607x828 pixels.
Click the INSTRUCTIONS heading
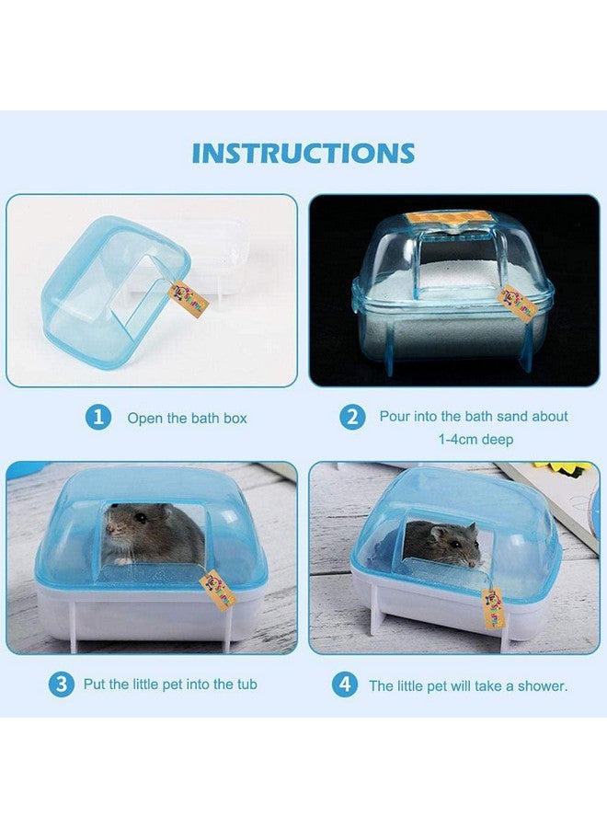(303, 153)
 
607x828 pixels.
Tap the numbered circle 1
(98, 418)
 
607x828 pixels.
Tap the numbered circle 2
(351, 417)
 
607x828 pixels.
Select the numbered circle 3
(62, 684)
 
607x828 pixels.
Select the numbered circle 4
(346, 685)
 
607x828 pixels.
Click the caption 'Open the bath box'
(187, 419)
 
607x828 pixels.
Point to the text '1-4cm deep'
(475, 440)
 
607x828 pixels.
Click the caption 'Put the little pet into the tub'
(170, 684)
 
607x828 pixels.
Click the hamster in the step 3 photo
(152, 534)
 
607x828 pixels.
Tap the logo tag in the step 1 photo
(189, 297)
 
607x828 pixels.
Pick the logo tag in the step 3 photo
(217, 590)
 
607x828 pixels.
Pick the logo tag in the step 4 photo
(493, 607)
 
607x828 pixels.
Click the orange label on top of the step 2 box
(445, 219)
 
